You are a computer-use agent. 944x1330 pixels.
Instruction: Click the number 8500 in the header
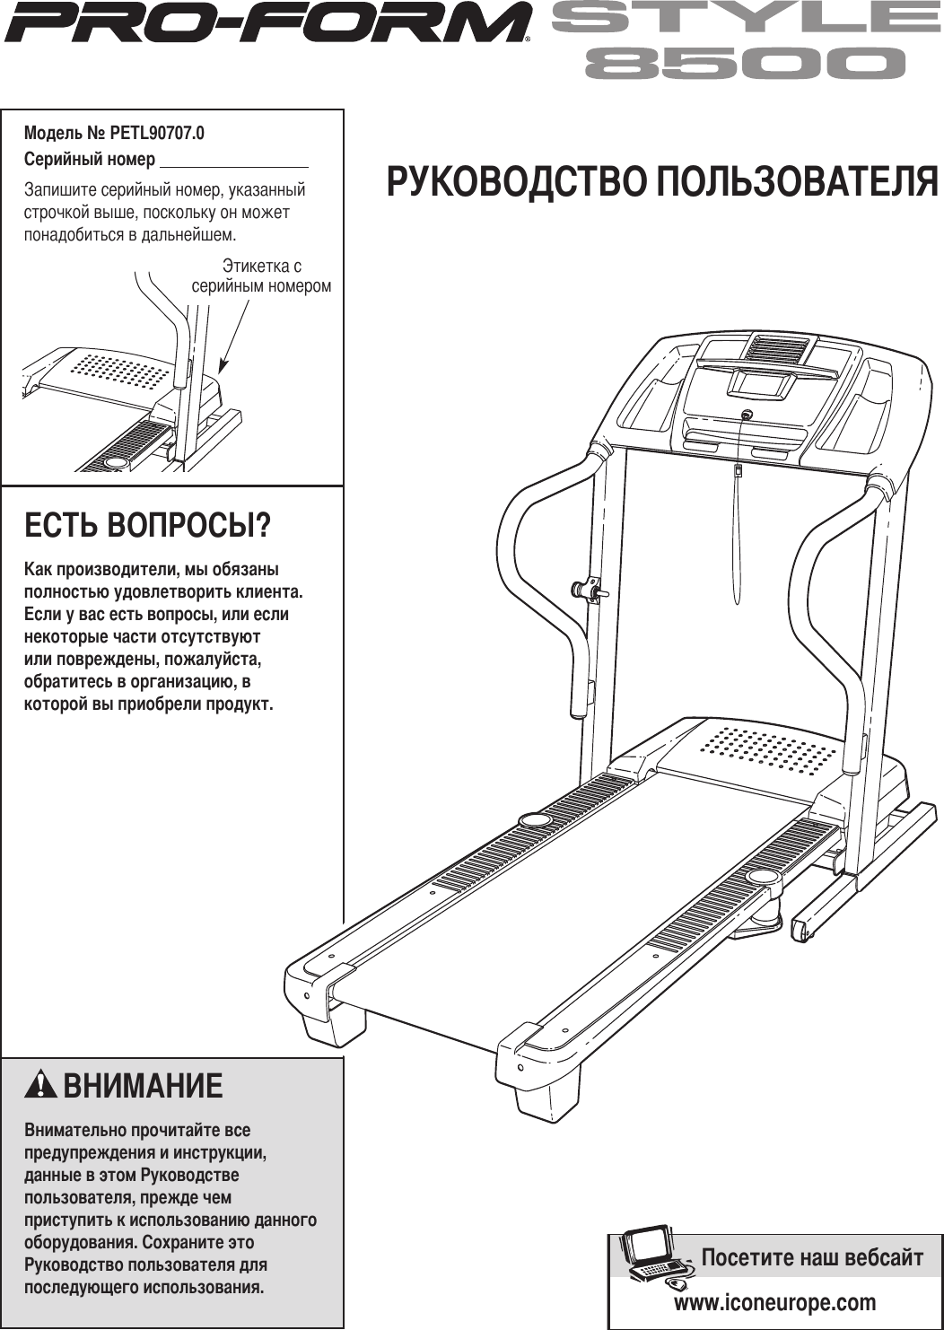[x=745, y=64]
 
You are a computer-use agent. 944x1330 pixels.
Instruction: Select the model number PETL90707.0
[x=157, y=133]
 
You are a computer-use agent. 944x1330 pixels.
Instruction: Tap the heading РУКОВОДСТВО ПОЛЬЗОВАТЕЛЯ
[x=662, y=181]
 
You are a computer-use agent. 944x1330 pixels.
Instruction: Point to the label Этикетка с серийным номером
[x=261, y=276]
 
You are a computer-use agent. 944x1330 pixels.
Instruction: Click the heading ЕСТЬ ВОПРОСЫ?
[x=147, y=525]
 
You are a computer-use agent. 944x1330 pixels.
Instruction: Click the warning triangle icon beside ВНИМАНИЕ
[x=40, y=1085]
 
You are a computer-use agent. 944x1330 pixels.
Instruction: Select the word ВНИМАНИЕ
[x=143, y=1086]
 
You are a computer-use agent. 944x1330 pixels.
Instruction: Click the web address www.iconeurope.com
[x=774, y=1302]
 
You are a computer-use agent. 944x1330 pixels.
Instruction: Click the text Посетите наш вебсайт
[x=811, y=1257]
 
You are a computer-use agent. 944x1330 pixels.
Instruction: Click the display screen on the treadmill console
[x=762, y=384]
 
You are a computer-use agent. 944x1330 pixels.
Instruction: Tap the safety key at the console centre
[x=747, y=415]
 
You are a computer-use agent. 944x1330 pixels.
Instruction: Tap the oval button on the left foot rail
[x=534, y=819]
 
